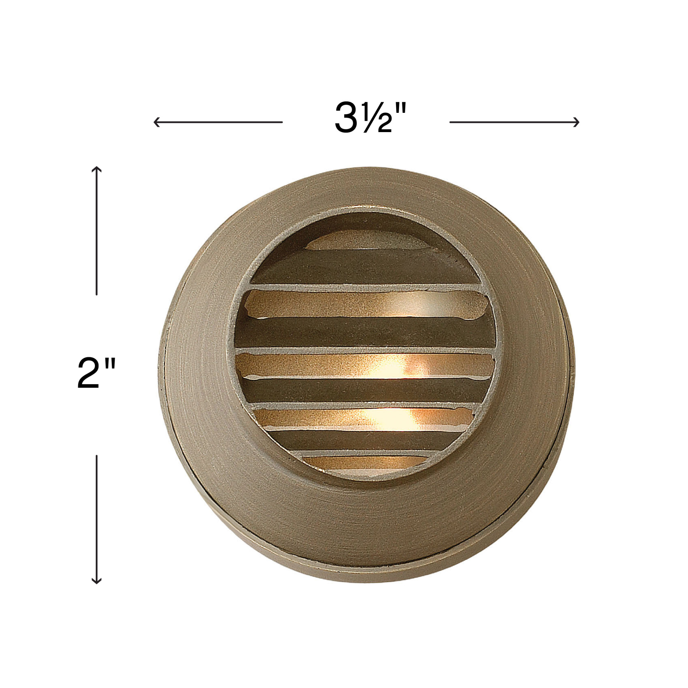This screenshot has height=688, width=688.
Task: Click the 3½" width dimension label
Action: point(370,117)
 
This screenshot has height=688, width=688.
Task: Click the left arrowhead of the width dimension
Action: point(157,122)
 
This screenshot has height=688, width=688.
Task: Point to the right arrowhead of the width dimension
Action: point(576,122)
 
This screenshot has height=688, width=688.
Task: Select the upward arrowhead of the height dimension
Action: point(97,169)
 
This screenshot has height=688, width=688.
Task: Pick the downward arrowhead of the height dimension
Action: point(97,580)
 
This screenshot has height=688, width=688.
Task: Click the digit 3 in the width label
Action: point(346,118)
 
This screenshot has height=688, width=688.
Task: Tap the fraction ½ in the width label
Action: point(378,118)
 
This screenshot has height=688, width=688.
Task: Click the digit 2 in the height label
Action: point(89,373)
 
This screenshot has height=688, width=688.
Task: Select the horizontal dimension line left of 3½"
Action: point(218,122)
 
